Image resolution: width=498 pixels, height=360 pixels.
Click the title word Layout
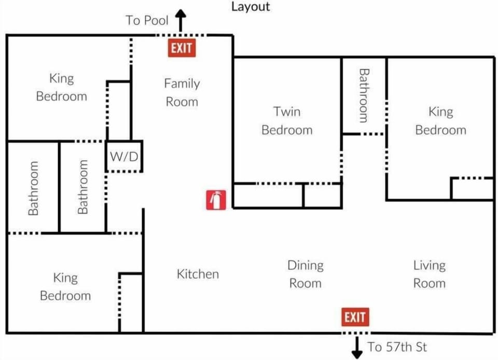(x=251, y=7)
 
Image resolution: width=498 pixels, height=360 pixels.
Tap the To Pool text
(x=147, y=21)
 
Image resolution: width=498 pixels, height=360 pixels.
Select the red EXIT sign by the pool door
(x=182, y=48)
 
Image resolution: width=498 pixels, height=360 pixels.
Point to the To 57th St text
(x=397, y=347)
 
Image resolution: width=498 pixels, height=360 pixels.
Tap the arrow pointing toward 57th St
(x=357, y=347)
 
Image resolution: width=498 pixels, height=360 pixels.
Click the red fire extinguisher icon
(x=216, y=200)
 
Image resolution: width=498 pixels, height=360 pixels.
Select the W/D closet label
(x=124, y=156)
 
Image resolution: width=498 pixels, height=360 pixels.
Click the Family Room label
(x=182, y=92)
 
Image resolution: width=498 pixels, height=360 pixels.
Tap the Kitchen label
(x=198, y=274)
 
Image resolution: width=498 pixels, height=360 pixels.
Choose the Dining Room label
(x=305, y=274)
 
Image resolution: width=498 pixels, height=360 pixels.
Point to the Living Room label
(x=429, y=274)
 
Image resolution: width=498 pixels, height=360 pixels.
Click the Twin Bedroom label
(x=287, y=120)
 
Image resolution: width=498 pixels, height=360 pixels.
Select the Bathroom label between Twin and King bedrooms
(x=364, y=95)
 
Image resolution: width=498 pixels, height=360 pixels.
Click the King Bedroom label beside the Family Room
(x=61, y=87)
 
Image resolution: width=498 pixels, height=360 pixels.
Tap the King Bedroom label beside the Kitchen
(x=65, y=286)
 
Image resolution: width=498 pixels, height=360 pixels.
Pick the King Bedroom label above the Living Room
(x=440, y=120)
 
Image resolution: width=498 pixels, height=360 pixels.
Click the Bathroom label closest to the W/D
(x=83, y=187)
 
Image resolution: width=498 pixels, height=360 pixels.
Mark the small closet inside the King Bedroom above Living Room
(x=472, y=189)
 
